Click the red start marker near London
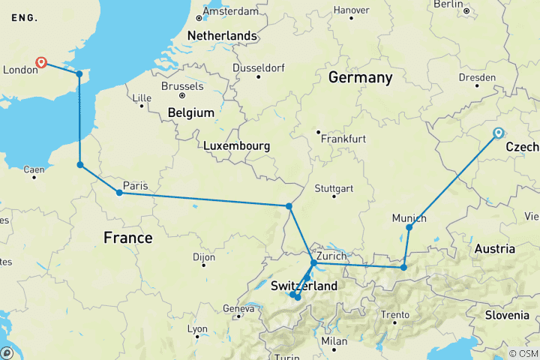(x=41, y=63)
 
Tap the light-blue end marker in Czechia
(x=498, y=133)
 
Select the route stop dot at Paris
(x=119, y=193)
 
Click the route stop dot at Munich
(x=409, y=227)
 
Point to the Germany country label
(x=360, y=78)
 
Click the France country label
(x=127, y=238)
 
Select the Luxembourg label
(x=238, y=145)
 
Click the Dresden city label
(x=480, y=77)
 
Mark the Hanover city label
(x=351, y=10)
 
